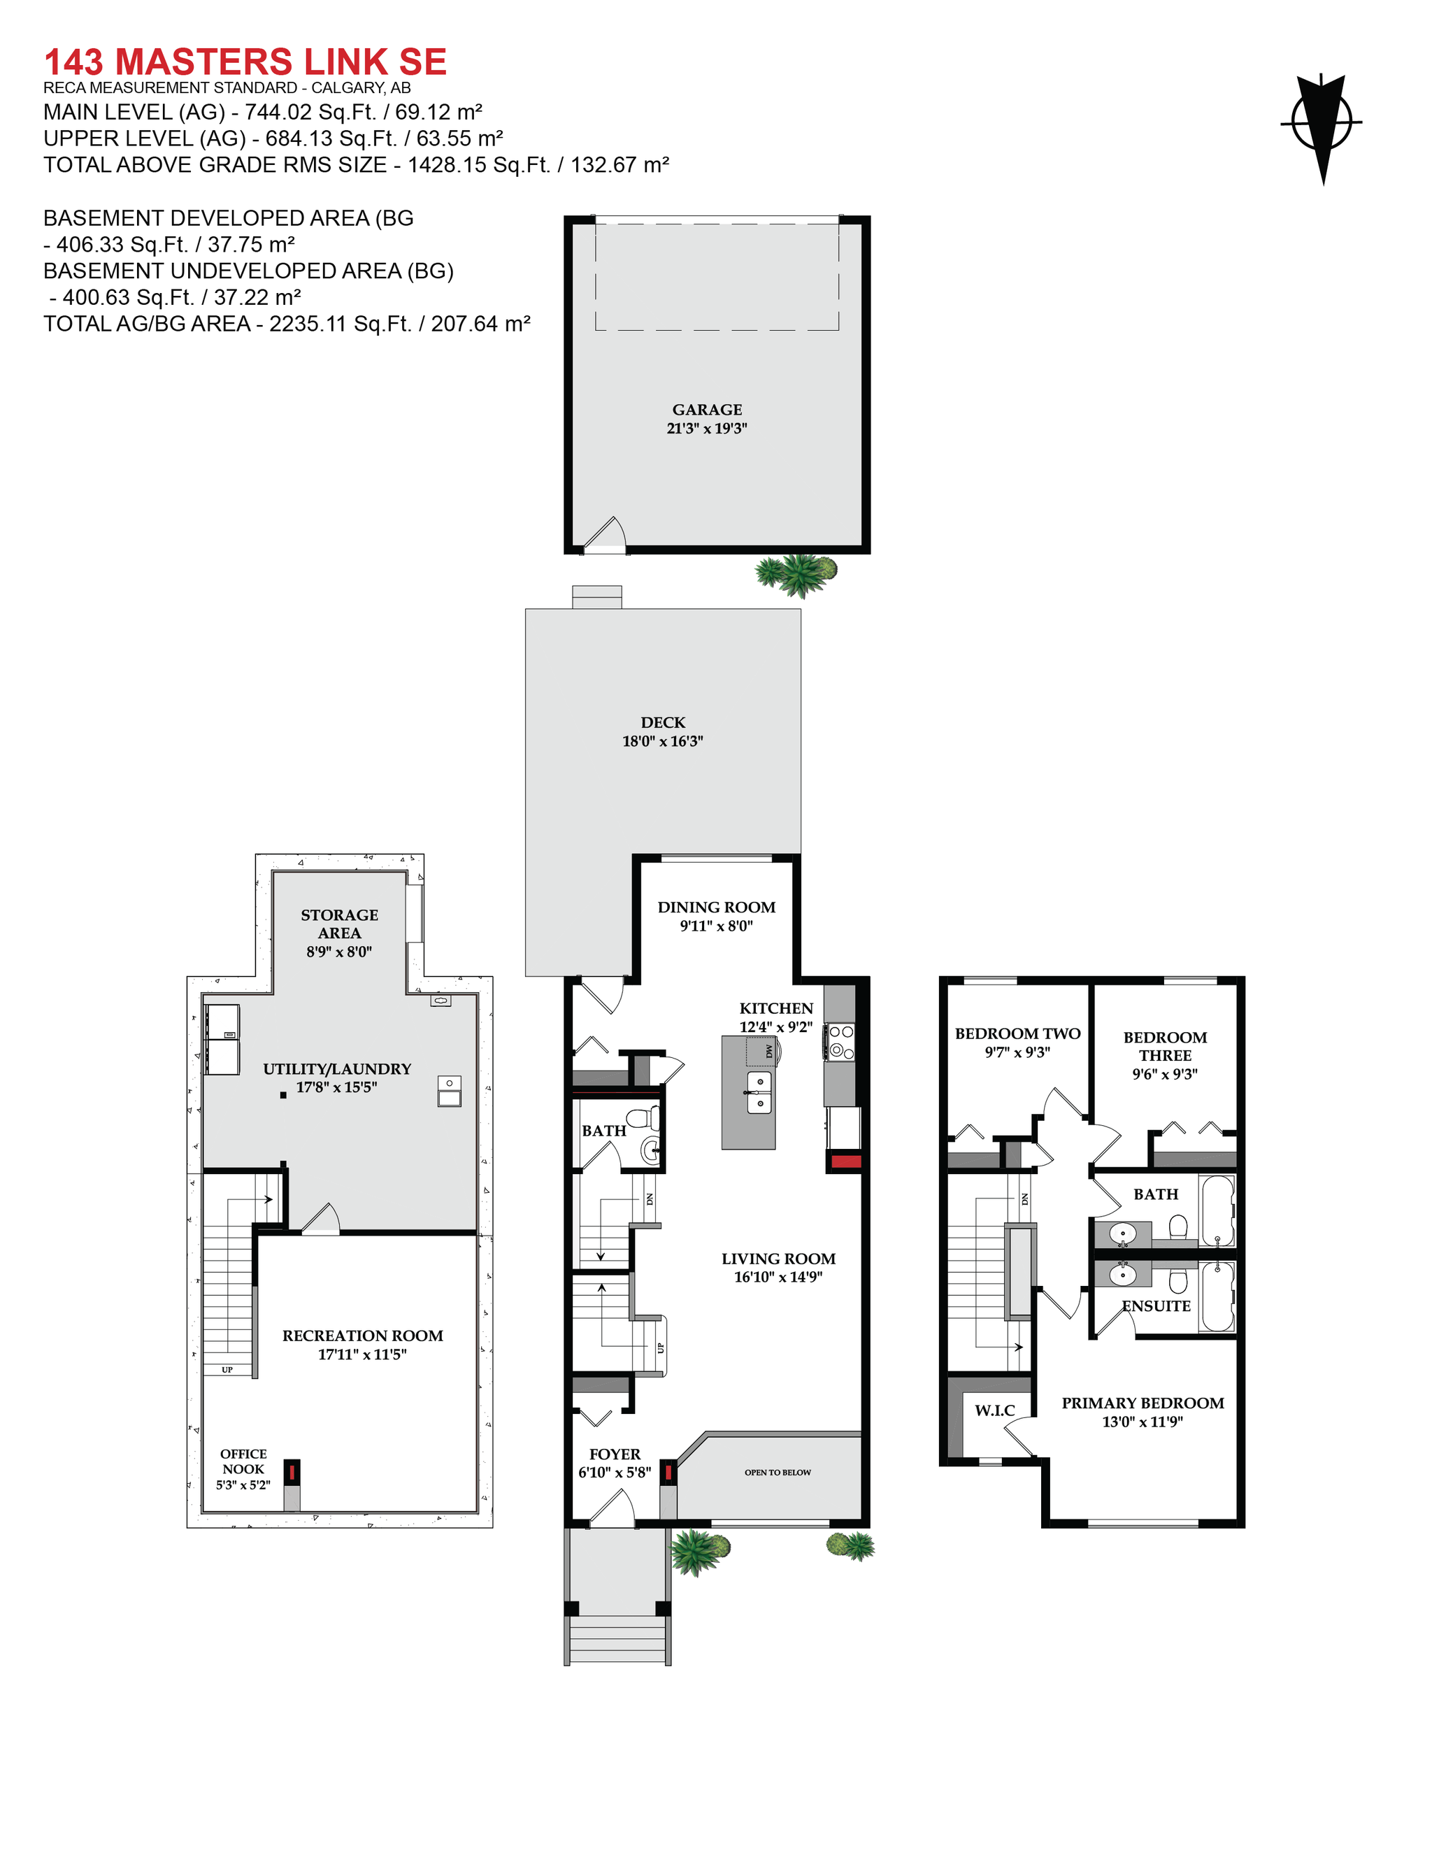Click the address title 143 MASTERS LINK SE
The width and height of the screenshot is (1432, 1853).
245,62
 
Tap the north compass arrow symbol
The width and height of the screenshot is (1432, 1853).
1322,127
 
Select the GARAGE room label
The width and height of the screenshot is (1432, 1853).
707,410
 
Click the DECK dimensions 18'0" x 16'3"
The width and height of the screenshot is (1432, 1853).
663,741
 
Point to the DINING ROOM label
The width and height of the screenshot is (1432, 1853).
716,907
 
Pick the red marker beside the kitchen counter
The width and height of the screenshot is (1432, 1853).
845,1161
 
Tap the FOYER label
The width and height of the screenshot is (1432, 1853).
615,1454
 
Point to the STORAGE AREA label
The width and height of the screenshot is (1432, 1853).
339,923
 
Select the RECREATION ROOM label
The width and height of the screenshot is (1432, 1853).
362,1336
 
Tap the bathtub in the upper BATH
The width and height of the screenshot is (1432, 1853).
1217,1210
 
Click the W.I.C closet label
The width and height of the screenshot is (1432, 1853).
994,1411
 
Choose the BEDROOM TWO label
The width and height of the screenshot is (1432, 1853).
1017,1033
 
